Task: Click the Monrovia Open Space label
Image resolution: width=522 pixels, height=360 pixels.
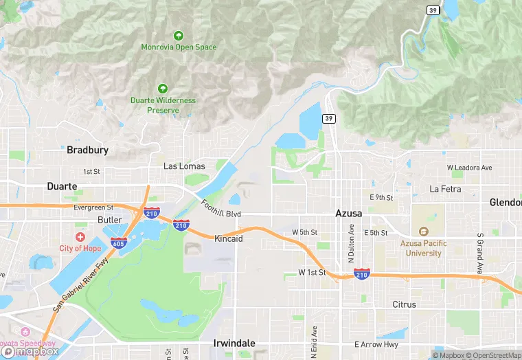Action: point(179,47)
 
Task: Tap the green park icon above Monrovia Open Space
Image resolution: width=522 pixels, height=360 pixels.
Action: point(179,35)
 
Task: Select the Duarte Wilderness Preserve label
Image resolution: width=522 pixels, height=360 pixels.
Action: point(163,105)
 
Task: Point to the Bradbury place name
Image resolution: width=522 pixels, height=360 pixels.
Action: point(87,149)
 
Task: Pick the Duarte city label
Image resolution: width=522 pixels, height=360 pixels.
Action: point(62,186)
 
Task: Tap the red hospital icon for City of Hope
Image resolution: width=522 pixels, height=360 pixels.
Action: point(80,236)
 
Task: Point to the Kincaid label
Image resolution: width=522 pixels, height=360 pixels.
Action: point(229,238)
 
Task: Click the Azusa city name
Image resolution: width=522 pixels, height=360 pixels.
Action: point(348,213)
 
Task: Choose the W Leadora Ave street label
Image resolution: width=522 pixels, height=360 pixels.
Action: point(469,168)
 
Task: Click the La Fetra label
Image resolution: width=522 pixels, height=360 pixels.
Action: point(444,188)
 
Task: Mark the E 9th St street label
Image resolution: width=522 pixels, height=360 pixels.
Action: point(381,197)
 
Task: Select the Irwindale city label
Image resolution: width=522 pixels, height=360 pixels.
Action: point(234,343)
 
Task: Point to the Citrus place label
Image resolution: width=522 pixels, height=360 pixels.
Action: point(404,304)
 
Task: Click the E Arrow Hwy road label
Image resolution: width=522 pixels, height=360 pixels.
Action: point(376,344)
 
